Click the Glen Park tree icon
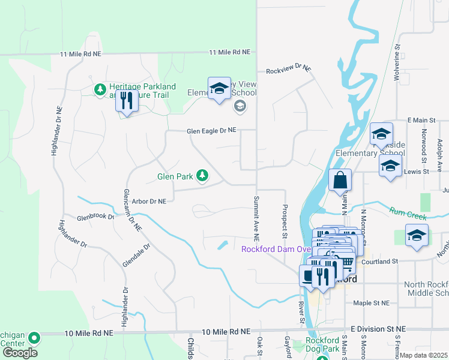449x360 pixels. (203, 175)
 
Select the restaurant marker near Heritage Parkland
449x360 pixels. (126, 101)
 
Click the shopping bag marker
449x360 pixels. (340, 181)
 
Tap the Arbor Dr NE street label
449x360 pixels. (148, 202)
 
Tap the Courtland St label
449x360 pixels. (379, 261)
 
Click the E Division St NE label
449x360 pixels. (378, 329)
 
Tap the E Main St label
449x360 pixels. (424, 121)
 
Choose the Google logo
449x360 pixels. (20, 353)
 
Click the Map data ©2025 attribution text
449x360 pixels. (423, 355)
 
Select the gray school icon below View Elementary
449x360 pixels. (240, 106)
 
